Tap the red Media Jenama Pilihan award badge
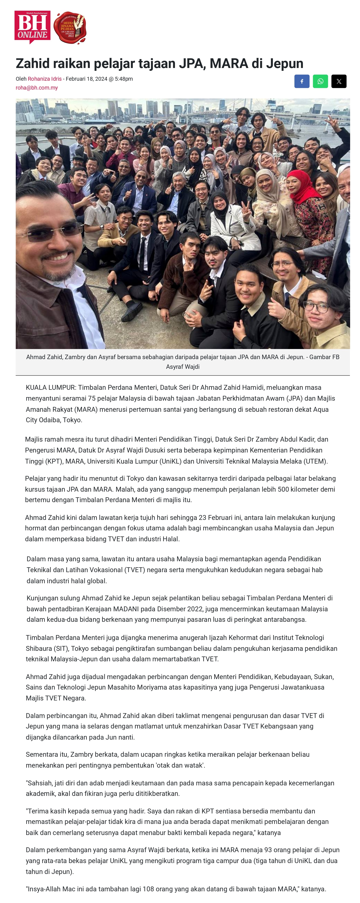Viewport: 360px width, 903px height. click(69, 28)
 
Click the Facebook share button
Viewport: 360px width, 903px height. click(301, 81)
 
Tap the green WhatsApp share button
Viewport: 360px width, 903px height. click(320, 81)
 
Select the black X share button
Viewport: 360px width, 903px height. click(339, 81)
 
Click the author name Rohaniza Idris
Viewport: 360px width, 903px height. click(45, 79)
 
